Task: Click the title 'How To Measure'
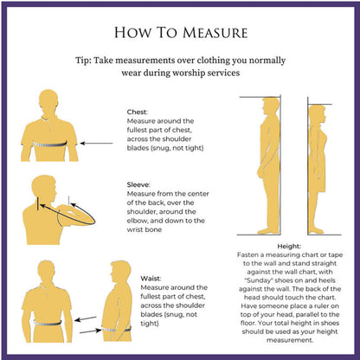coord(181,33)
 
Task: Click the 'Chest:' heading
coord(137,112)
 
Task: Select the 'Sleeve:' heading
coord(138,184)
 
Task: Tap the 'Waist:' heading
coord(151,279)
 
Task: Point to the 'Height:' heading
coord(289,247)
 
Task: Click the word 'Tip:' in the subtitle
coord(83,61)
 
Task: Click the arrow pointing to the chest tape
coord(96,143)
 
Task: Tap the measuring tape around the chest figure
coord(49,144)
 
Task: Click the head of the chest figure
coord(48,101)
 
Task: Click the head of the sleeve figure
coord(44,187)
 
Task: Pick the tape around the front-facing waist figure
coord(48,323)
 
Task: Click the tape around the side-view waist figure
coord(117,329)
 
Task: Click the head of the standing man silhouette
coord(271,108)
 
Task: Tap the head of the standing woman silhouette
coord(318,114)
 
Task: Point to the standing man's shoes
coord(268,231)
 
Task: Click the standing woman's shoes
coord(316,231)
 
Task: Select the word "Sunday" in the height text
coord(258,280)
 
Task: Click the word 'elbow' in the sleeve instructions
coord(137,221)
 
